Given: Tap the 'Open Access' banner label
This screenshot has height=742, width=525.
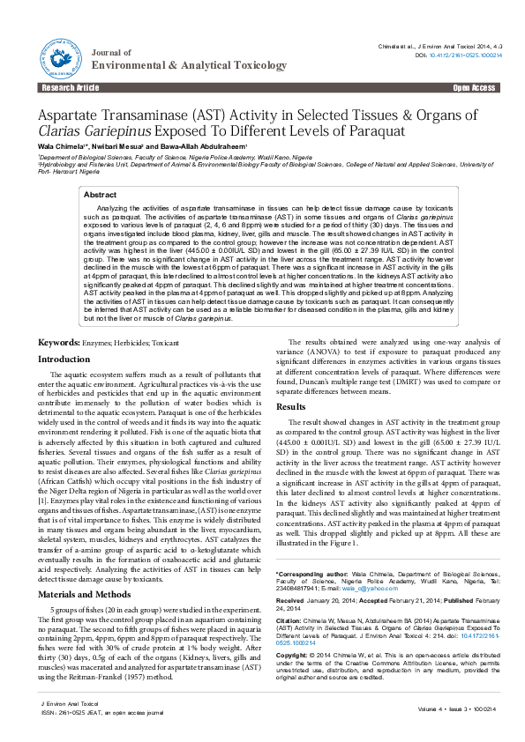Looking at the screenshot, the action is [475, 89].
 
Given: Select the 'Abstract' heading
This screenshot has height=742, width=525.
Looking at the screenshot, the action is [100, 195].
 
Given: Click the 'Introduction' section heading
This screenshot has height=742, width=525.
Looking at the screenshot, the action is [64, 360].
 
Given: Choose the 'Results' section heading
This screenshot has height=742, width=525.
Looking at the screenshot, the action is [292, 406].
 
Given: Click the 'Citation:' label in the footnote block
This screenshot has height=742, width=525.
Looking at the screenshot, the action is [290, 620].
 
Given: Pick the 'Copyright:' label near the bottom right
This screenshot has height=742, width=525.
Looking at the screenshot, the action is [293, 657].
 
